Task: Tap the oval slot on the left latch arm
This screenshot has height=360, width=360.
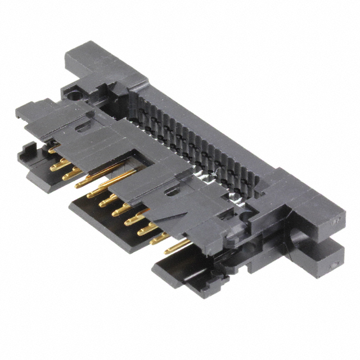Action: [x=83, y=128]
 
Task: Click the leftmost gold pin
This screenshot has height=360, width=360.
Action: [x=54, y=150]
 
